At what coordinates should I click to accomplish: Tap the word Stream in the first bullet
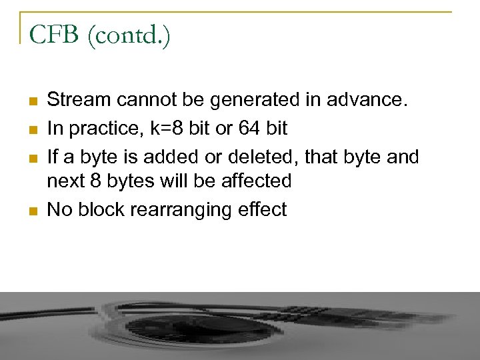[79, 100]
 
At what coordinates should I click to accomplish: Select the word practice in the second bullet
[100, 129]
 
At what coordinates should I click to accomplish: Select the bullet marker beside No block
[33, 211]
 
